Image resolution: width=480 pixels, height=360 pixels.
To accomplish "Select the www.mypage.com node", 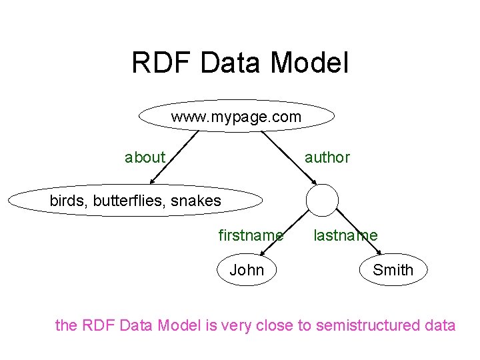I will coord(236,117).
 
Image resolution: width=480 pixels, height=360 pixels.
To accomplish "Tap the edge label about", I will coord(145,158).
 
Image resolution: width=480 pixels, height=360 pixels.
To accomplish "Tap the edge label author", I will coord(327,158).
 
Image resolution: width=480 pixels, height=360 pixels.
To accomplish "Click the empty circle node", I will coord(322,200).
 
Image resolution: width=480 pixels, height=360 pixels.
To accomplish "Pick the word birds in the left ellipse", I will coord(67,201).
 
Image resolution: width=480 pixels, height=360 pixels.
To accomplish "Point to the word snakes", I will coord(195,201).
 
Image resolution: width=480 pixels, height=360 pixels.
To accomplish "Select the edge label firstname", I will coord(251,235).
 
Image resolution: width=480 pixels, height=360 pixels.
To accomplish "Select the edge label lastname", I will coord(345,235).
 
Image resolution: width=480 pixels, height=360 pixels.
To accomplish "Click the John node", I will coord(247,270).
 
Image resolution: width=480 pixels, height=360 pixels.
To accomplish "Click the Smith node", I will coord(393,270).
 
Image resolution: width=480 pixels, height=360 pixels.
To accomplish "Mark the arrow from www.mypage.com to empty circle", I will coord(289,157).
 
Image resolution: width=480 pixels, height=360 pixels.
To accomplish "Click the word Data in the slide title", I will coord(230,63).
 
